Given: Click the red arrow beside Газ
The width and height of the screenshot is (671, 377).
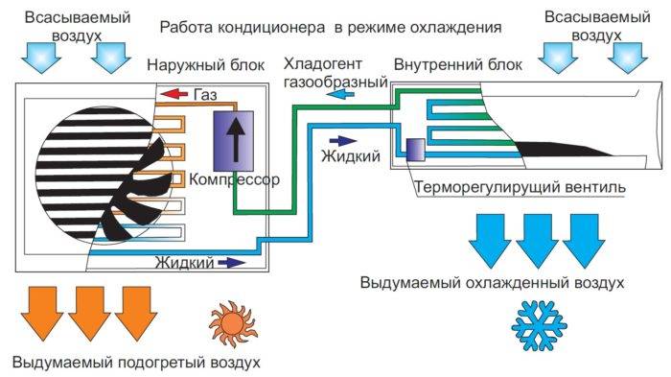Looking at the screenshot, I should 173,94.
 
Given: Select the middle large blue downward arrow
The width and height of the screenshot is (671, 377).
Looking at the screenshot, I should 537,241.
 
